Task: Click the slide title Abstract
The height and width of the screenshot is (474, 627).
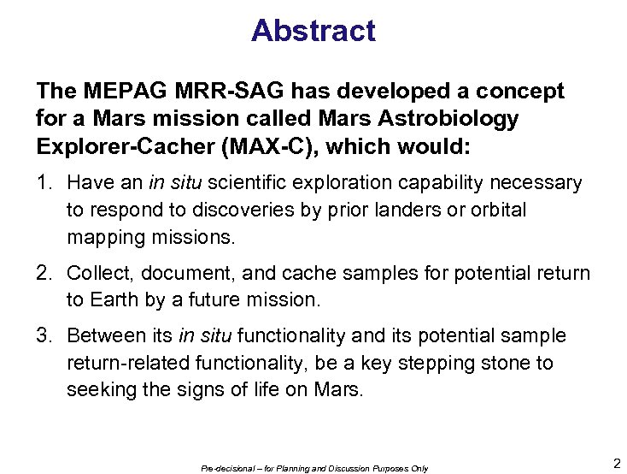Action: [x=313, y=31]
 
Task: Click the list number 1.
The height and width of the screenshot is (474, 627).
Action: [x=44, y=182]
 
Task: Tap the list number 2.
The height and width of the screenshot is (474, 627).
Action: [x=44, y=273]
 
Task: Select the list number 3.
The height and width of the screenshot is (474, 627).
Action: [x=44, y=336]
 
